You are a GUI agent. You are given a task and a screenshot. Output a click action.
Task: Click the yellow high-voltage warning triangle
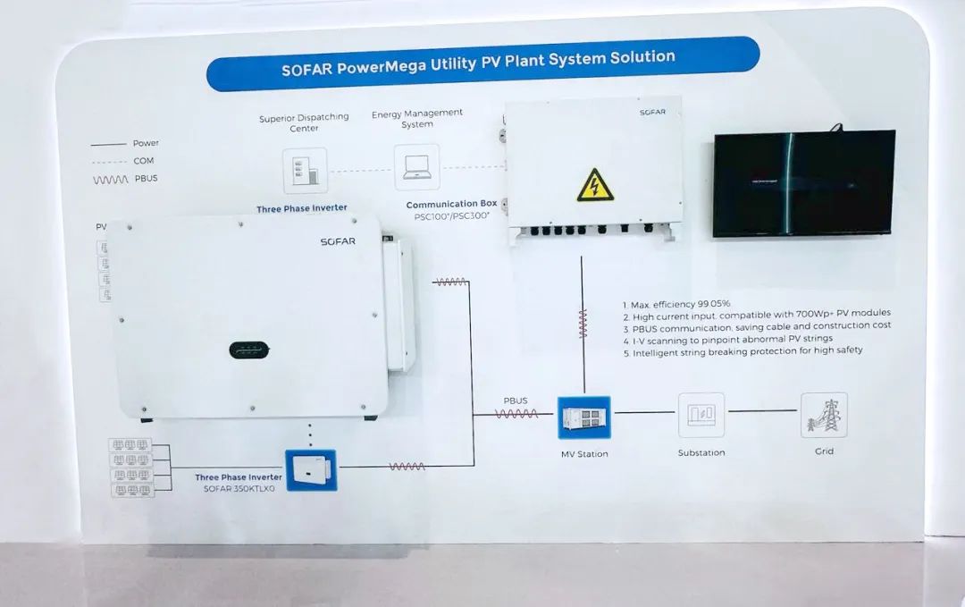[594, 184]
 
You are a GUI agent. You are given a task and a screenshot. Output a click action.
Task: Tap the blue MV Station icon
[583, 417]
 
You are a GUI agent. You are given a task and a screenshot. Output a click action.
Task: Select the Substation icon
[701, 415]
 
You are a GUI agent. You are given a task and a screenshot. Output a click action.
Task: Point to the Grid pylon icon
[824, 415]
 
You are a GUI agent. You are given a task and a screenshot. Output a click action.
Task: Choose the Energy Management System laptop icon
[416, 167]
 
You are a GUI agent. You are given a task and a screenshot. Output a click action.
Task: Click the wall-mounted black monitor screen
[803, 183]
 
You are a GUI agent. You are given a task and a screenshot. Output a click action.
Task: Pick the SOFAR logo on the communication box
[652, 113]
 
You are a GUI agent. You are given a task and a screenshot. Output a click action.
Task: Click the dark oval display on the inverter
[244, 350]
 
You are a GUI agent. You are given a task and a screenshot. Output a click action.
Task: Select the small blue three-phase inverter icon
[310, 470]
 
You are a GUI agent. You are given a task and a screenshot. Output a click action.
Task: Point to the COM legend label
[143, 161]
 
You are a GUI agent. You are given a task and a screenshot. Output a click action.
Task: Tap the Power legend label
[146, 143]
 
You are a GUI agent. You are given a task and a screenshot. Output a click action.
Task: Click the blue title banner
[482, 63]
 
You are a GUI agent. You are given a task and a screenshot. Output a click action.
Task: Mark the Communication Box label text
[451, 204]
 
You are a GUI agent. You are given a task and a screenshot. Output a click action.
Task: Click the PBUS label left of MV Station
[516, 400]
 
